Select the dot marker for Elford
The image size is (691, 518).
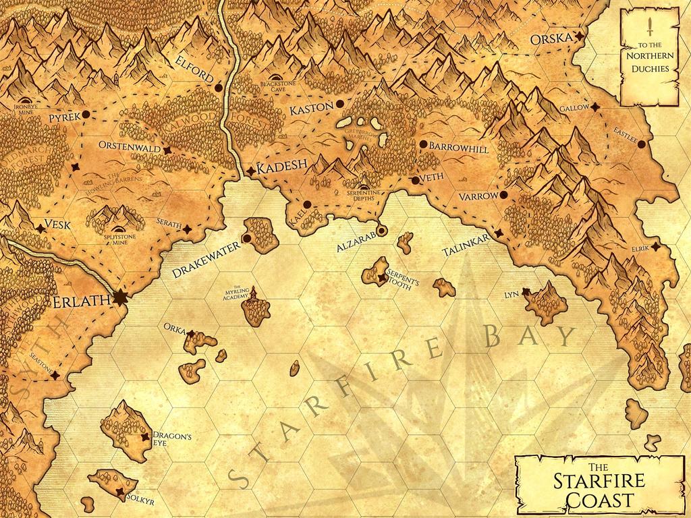click(x=218, y=88)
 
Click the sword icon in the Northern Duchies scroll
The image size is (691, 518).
click(x=649, y=27)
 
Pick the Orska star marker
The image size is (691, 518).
click(x=578, y=37)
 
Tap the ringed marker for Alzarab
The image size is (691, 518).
click(x=381, y=231)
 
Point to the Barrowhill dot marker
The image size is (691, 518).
click(x=423, y=144)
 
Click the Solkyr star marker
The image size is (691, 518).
click(x=121, y=492)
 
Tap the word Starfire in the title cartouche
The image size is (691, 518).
click(x=599, y=482)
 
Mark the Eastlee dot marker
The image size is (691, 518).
click(x=641, y=144)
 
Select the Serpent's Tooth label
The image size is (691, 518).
click(x=403, y=279)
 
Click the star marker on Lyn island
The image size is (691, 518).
click(x=526, y=291)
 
